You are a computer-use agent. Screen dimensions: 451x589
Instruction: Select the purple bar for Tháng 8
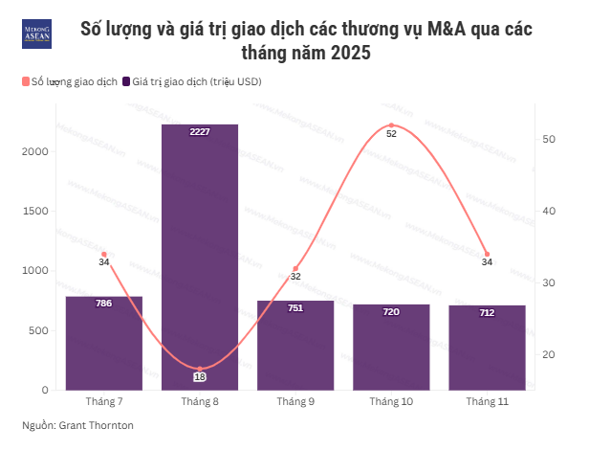pos(200,259)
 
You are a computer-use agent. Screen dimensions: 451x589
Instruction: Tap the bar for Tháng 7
pos(104,345)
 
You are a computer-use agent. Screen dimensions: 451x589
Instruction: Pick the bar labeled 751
pos(295,347)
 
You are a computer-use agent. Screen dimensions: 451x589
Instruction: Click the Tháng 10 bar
pos(391,348)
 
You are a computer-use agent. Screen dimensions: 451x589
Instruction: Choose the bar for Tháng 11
pos(487,349)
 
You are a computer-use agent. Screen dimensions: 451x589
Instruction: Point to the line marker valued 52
pos(391,125)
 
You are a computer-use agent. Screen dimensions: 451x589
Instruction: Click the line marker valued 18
pos(200,369)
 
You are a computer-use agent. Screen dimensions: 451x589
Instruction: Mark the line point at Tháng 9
pos(295,269)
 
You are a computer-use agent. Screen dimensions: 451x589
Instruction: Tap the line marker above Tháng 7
pos(104,255)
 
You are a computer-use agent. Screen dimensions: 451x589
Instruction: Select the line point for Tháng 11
pos(487,255)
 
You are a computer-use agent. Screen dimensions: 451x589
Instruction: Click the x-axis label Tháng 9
pos(295,401)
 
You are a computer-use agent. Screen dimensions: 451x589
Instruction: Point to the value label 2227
pos(200,131)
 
